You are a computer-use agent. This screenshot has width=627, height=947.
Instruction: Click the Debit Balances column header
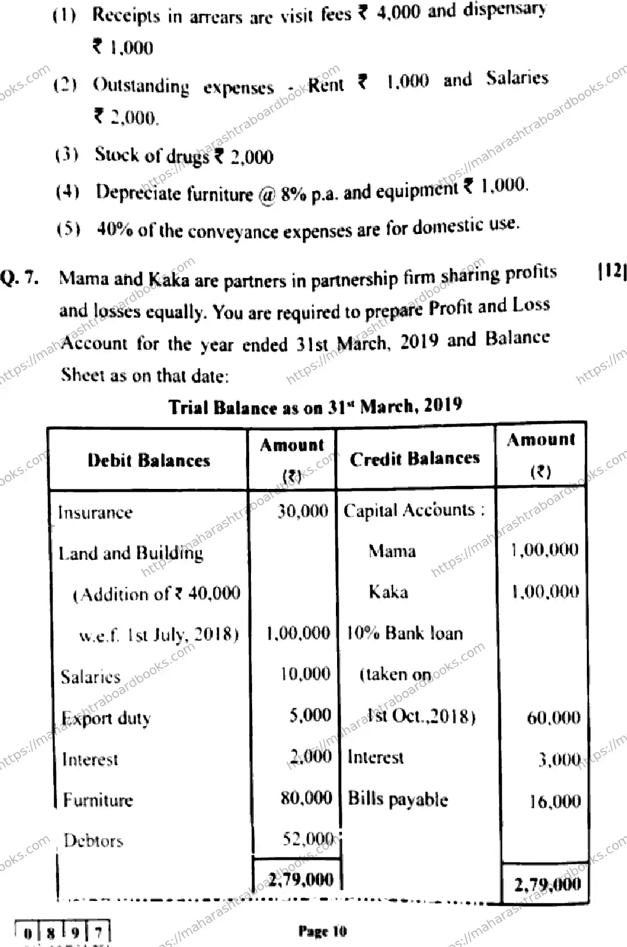point(148,460)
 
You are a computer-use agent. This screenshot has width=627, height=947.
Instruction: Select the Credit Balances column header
point(415,459)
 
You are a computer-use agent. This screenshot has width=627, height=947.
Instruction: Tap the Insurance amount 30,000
point(302,512)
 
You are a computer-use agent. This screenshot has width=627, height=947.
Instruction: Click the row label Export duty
point(106,718)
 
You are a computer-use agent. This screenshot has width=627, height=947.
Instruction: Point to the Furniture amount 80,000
point(306,797)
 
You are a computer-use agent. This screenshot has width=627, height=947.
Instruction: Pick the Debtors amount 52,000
point(307,839)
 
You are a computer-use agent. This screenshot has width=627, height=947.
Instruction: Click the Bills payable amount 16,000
point(554,801)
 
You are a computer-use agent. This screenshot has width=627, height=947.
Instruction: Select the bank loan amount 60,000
point(553,717)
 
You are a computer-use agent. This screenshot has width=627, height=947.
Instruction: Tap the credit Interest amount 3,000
point(558,759)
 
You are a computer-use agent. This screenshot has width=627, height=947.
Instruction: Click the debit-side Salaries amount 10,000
point(304,674)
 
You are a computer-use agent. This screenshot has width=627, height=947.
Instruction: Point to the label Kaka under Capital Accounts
point(388,592)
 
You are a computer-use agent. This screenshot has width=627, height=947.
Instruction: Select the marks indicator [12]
point(612,271)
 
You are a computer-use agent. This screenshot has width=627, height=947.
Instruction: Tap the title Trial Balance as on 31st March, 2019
point(315,406)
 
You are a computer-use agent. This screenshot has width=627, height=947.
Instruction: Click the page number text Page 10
point(322,931)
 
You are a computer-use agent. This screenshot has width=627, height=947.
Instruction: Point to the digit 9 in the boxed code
point(76,932)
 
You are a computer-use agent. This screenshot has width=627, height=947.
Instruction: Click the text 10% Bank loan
point(405,633)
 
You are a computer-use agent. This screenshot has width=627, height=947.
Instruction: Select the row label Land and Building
point(131,553)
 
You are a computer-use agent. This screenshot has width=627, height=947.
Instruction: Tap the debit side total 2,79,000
point(300,879)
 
